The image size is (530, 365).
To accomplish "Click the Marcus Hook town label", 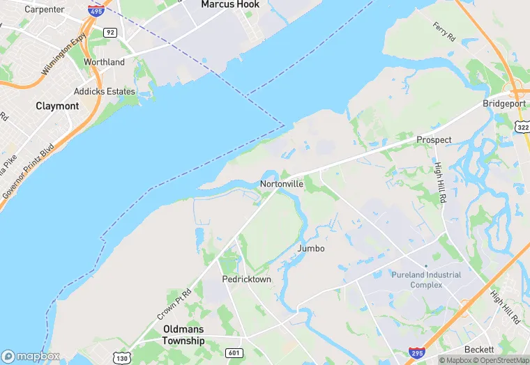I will [230, 4].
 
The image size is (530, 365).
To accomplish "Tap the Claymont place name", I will [57, 107].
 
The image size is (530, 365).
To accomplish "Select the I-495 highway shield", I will [96, 10].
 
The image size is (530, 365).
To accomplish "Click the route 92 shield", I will [109, 32].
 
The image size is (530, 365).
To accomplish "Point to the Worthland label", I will [104, 62].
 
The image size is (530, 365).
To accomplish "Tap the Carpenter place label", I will [44, 10].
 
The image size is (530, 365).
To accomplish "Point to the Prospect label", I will [434, 140].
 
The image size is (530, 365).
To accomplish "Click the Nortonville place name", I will [281, 185].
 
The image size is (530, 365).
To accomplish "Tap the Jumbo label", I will [311, 249].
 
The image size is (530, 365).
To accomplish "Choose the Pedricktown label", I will [246, 279].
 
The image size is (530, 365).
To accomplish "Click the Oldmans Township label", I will [183, 335].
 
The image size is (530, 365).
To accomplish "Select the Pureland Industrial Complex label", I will [425, 280].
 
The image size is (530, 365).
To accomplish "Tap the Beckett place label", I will [479, 349].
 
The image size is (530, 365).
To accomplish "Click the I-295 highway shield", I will [416, 355].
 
